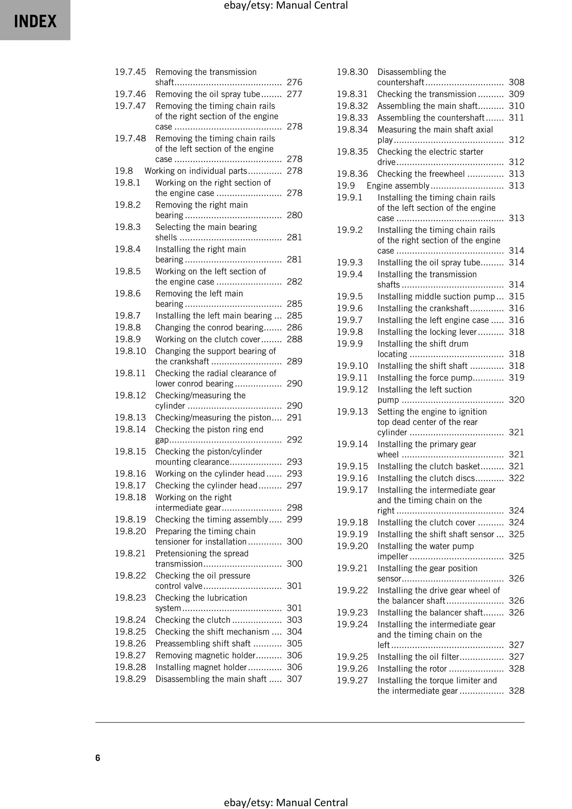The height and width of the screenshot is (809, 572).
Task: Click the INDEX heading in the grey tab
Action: coord(35,21)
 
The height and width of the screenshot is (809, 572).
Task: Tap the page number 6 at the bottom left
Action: coord(98,758)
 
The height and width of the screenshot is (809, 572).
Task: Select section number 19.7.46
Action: coord(130,94)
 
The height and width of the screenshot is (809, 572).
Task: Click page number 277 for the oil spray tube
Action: coord(295,94)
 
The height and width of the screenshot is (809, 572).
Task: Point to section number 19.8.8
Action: coord(128,327)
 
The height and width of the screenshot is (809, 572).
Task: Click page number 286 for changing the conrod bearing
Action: coord(295,327)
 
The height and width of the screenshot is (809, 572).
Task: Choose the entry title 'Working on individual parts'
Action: coord(196,171)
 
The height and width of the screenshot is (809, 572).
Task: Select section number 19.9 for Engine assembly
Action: coord(346,186)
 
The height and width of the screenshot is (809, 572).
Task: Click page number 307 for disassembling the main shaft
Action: coord(295,679)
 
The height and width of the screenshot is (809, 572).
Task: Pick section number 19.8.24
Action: coord(130,620)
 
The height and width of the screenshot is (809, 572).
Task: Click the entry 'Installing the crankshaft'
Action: coord(423,308)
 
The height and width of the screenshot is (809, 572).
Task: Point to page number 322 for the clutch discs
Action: coord(516,478)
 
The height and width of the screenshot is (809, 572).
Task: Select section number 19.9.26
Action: coord(352,668)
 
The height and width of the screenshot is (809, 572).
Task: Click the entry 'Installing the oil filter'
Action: coord(418,657)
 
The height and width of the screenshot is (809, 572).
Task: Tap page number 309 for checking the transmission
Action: coord(516,94)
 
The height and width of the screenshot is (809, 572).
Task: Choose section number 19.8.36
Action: coord(352,174)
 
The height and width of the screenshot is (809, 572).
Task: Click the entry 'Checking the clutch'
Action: coord(193,620)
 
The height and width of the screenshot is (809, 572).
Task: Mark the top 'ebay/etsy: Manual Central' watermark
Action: coord(286,5)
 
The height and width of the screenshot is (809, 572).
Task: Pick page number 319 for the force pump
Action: coord(516,378)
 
